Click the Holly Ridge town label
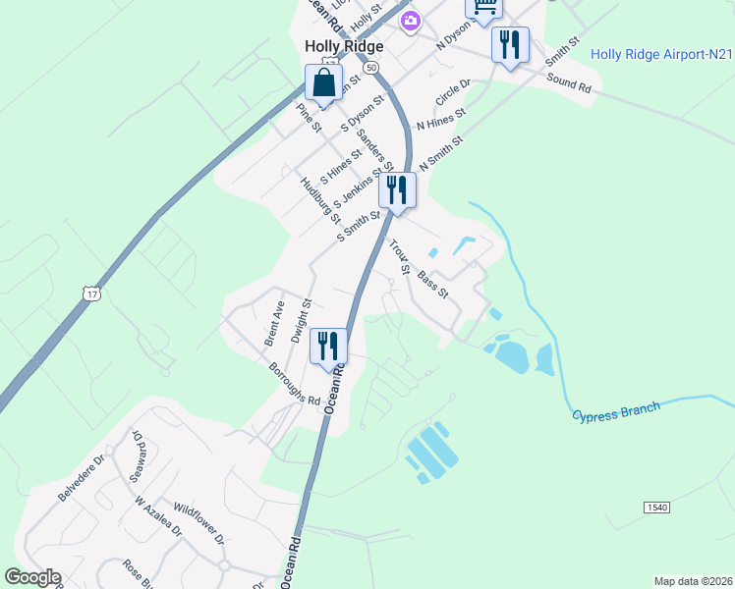343,45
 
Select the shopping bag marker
323,84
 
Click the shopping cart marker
483,8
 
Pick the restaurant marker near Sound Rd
510,45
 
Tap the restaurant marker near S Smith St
397,189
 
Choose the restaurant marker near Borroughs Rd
328,346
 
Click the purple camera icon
411,20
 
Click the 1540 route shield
657,507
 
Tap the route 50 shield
369,68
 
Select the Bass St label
432,286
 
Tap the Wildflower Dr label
199,525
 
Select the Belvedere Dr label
81,478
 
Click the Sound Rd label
569,84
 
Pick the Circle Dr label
453,94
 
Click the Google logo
32,577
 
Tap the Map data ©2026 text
693,581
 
